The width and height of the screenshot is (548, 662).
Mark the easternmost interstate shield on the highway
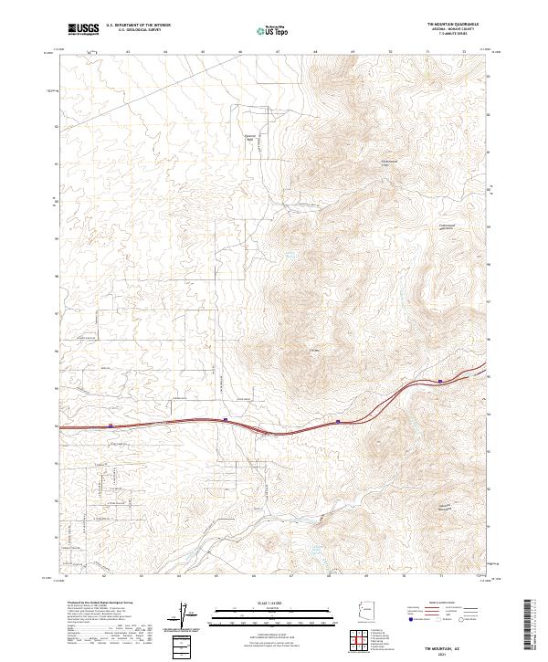[441, 382]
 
